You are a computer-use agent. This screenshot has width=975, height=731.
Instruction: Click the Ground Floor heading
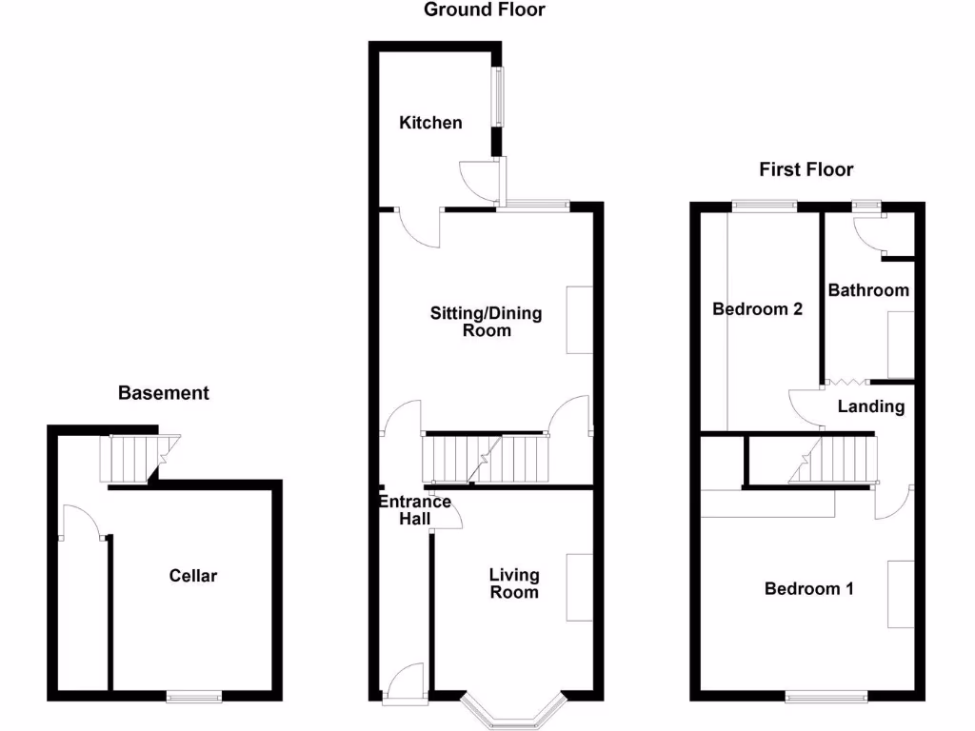(484, 10)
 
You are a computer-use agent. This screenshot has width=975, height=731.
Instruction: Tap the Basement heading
(163, 392)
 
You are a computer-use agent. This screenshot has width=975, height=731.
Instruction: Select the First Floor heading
(806, 169)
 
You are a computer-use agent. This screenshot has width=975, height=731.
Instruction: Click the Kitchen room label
(430, 123)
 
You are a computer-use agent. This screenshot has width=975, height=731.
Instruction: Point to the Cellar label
(193, 576)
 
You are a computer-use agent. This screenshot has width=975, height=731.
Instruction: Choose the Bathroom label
(868, 290)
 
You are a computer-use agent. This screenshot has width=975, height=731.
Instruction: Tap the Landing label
(871, 406)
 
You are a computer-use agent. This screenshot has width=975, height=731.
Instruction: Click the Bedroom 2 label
(758, 309)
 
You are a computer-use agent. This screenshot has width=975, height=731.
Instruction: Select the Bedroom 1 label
(809, 589)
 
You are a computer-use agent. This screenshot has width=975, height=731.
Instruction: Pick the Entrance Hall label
(415, 510)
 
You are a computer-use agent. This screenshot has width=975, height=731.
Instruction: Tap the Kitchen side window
(497, 96)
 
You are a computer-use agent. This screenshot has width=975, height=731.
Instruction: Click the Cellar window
(194, 697)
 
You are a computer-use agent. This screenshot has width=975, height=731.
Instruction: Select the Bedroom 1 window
(826, 697)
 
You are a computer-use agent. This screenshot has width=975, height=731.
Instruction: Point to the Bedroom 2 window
(764, 206)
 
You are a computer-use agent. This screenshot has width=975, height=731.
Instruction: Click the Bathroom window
(866, 205)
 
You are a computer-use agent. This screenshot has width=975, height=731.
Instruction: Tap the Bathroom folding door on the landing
(846, 383)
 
